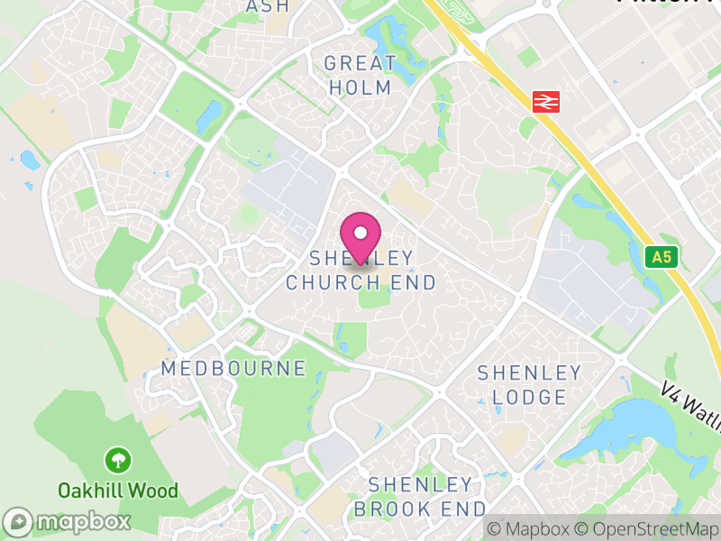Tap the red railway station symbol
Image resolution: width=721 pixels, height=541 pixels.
click(543, 101)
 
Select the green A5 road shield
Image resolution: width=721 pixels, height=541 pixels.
click(662, 257)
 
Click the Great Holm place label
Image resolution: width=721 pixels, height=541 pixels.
click(360, 76)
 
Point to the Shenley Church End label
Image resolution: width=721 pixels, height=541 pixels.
click(360, 270)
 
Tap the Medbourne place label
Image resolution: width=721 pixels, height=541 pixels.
click(233, 369)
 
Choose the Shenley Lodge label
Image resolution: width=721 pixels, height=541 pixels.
click(529, 385)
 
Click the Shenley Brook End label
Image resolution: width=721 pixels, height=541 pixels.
click(420, 496)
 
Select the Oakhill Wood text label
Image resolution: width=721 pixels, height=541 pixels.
click(118, 491)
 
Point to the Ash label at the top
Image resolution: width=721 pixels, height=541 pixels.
click(268, 5)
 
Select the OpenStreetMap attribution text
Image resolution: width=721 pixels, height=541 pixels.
click(644, 529)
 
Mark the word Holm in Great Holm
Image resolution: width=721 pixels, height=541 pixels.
click(360, 87)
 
